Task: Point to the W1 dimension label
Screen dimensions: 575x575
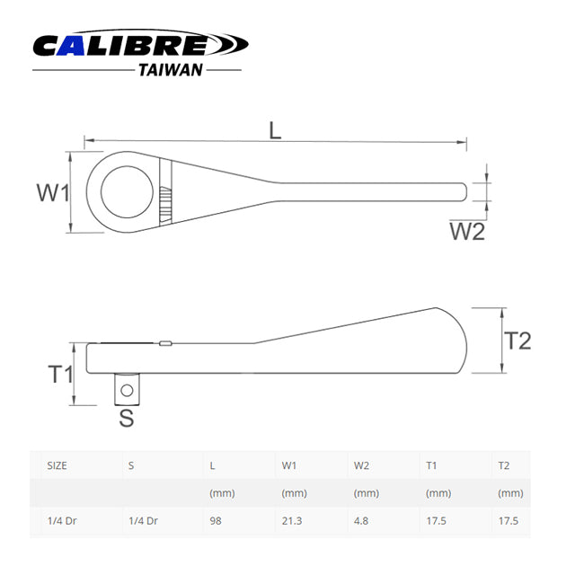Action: pyautogui.click(x=53, y=192)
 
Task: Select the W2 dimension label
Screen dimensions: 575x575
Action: pyautogui.click(x=467, y=232)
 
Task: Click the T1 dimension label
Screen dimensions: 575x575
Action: pyautogui.click(x=59, y=374)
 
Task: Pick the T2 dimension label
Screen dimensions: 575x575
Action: pyautogui.click(x=517, y=341)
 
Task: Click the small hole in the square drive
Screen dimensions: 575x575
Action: pyautogui.click(x=128, y=390)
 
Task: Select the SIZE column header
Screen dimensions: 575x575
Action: pyautogui.click(x=57, y=466)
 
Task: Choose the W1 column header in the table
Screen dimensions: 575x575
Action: pyautogui.click(x=289, y=466)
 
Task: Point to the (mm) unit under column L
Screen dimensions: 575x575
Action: pyautogui.click(x=221, y=493)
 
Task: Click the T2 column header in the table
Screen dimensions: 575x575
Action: pyautogui.click(x=503, y=466)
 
